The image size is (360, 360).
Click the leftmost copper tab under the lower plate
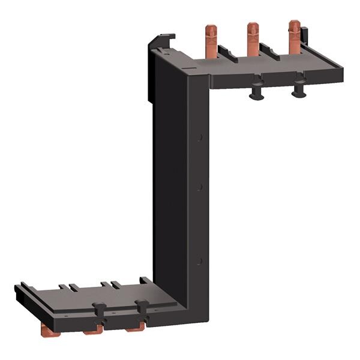(46, 329)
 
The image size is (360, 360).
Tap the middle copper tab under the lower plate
(91, 329)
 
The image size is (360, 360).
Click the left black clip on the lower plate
(100, 311)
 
